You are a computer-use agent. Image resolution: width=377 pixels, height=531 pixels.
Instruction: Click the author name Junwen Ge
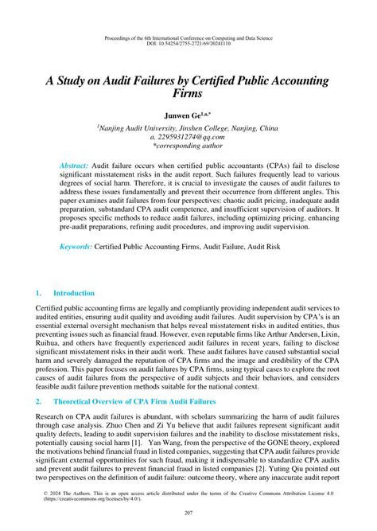[x=185, y=115]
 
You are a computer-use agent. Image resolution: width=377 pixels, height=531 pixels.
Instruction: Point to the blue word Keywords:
[x=76, y=248]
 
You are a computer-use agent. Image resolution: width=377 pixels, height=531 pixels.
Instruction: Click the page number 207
[x=188, y=512]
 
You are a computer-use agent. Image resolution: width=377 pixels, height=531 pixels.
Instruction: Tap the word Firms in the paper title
[x=188, y=93]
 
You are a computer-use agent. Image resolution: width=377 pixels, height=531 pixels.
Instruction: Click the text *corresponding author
[x=188, y=146]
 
